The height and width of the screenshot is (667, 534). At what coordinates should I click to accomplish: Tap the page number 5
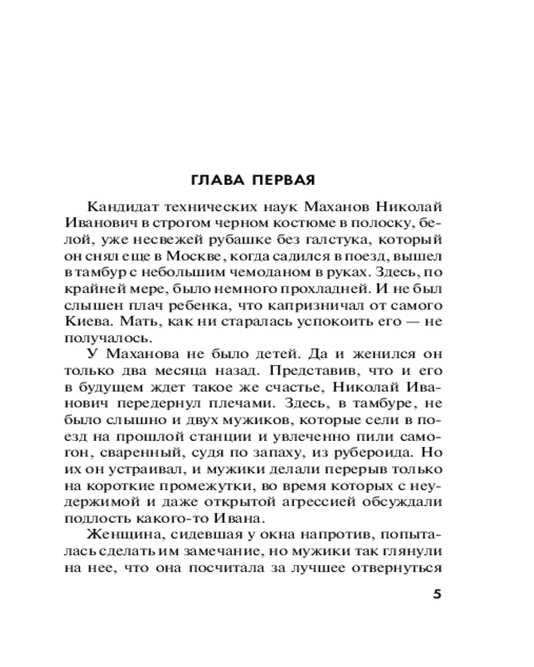click(x=437, y=595)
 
